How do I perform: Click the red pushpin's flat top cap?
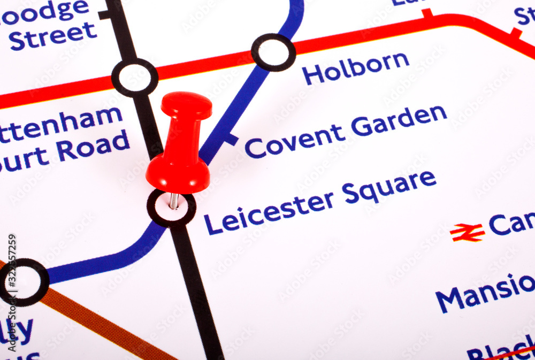coord(186,105)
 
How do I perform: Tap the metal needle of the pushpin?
coord(174,201)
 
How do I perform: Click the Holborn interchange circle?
coord(273,52)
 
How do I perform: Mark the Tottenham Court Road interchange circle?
coord(135,78)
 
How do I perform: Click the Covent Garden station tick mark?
coord(231,140)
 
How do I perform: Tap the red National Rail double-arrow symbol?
coord(467,233)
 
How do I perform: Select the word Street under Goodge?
coord(53,35)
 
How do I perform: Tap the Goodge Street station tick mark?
coord(104,14)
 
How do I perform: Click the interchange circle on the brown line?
coord(24,282)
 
